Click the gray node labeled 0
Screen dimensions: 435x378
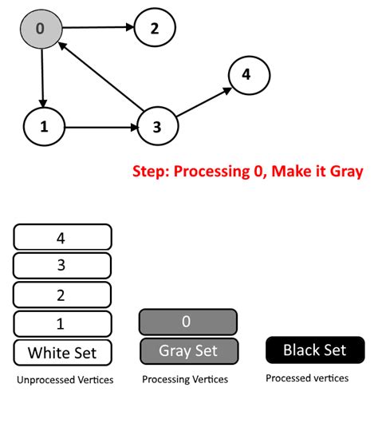click(x=40, y=30)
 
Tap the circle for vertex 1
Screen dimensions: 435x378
click(x=45, y=126)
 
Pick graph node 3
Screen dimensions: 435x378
click(x=157, y=126)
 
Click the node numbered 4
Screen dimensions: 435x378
click(x=246, y=75)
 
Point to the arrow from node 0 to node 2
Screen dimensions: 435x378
click(x=96, y=29)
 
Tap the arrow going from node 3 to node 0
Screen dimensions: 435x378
click(x=102, y=80)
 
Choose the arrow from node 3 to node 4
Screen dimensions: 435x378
click(x=203, y=101)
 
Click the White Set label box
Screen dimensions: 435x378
click(x=62, y=352)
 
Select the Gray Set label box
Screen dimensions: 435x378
click(x=187, y=350)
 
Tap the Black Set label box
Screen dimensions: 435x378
click(x=315, y=350)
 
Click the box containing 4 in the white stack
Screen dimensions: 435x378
click(x=62, y=237)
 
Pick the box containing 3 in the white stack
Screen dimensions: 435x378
click(x=62, y=266)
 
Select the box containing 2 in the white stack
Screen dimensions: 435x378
click(x=62, y=295)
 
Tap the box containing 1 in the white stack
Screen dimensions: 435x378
click(x=62, y=323)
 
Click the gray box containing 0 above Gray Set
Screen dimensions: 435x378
click(x=187, y=322)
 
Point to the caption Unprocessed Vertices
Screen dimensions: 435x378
click(x=65, y=380)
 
